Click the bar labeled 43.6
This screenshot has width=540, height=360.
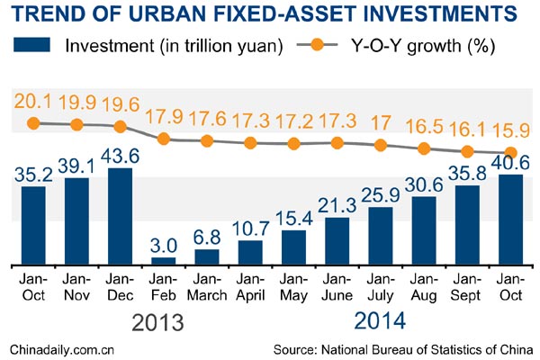(x=120, y=216)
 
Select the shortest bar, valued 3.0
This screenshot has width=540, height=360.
(x=163, y=260)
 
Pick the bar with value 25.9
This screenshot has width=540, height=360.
(x=381, y=236)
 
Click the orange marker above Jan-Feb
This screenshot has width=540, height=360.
(x=163, y=139)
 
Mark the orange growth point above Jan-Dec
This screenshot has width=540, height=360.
(x=120, y=127)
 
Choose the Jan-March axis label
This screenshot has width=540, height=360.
(x=207, y=287)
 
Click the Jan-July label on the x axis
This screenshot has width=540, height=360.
(x=381, y=287)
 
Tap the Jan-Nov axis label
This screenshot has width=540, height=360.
(x=77, y=287)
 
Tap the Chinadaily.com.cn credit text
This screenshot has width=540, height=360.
(x=61, y=348)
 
